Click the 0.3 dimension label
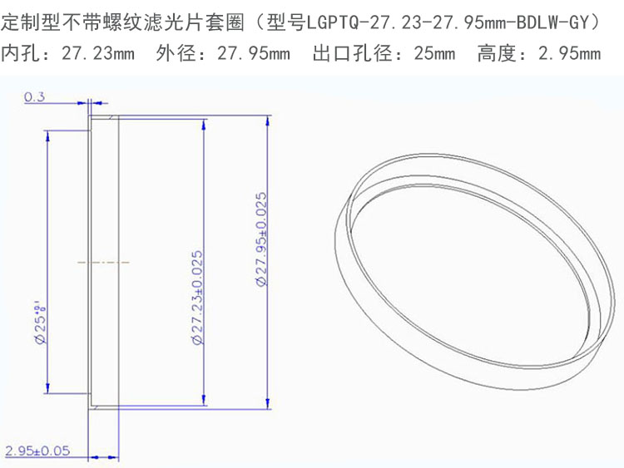coord(35,97)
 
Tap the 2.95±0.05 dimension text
coord(37,451)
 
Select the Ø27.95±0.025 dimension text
coord(261,239)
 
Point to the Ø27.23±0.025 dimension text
coord(197,298)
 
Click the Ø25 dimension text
coord(41,323)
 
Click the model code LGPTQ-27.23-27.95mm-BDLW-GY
coord(448,22)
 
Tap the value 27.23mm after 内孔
coord(98,53)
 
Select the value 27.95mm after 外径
coord(254,53)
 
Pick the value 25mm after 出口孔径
coord(434,53)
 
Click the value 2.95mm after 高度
coord(569,53)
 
